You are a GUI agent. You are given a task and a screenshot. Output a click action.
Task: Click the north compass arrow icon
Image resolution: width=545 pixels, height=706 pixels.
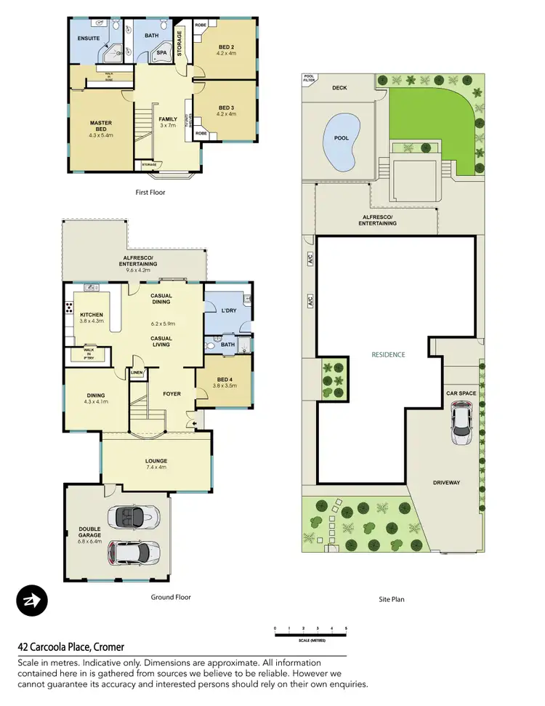coord(31,600)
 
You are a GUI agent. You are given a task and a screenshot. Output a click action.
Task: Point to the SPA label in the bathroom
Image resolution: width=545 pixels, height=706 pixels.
coord(163,53)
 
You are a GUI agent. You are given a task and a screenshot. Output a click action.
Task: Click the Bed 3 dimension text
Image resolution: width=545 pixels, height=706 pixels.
coord(227,114)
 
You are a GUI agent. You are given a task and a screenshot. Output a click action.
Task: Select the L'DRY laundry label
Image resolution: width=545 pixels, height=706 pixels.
coord(229,310)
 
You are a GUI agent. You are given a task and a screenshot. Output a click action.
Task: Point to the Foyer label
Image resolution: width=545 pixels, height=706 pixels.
coord(171,394)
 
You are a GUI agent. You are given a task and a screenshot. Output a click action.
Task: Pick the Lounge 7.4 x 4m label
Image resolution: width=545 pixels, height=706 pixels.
coord(156,464)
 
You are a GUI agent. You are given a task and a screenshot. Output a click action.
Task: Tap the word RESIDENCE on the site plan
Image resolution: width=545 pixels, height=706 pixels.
coord(388,355)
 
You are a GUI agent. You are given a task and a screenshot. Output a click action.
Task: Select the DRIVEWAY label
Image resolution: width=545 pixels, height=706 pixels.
coord(447,482)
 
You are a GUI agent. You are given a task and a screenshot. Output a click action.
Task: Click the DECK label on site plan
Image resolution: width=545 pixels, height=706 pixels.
coord(340,87)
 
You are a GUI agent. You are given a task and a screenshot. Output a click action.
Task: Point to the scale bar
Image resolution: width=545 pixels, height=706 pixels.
coord(310,635)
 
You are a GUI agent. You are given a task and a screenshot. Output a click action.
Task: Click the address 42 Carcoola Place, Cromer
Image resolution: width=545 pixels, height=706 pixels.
coord(71,646)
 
